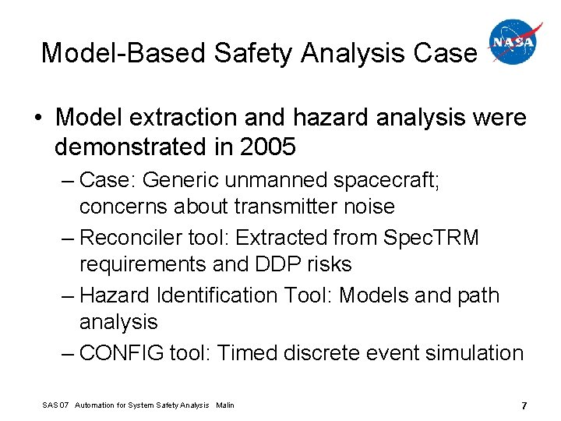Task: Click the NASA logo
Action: pos(513,43)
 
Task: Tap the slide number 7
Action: pos(524,405)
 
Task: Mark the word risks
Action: pos(332,264)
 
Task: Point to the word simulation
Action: pos(470,353)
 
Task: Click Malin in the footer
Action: pos(224,405)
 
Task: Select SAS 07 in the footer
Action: pos(56,405)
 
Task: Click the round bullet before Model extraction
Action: pos(37,119)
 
